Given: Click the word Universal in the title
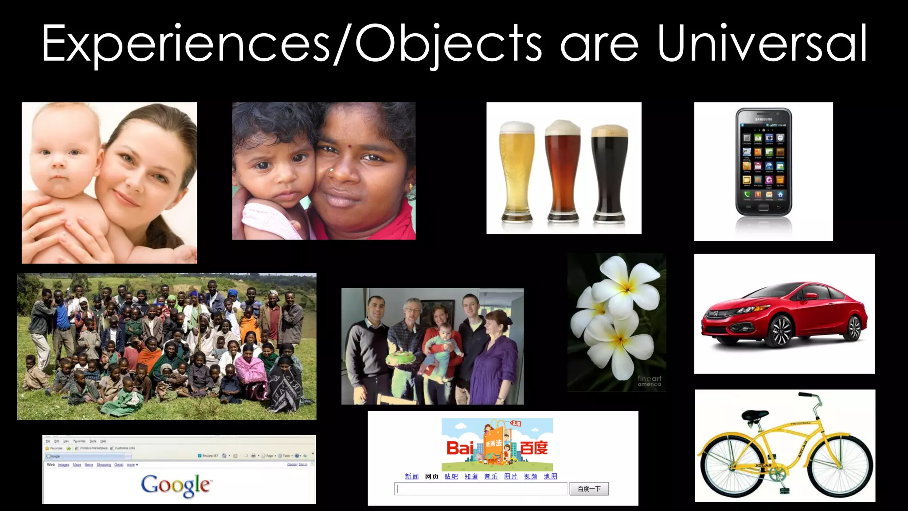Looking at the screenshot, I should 762,43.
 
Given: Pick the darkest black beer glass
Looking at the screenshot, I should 610,173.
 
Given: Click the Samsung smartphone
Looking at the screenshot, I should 763,162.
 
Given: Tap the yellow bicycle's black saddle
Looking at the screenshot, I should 754,416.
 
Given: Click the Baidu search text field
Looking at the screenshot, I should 481,489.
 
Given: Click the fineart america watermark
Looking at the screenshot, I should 649,381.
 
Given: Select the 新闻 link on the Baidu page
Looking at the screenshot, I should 411,476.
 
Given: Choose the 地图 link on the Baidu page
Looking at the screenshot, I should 550,476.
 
